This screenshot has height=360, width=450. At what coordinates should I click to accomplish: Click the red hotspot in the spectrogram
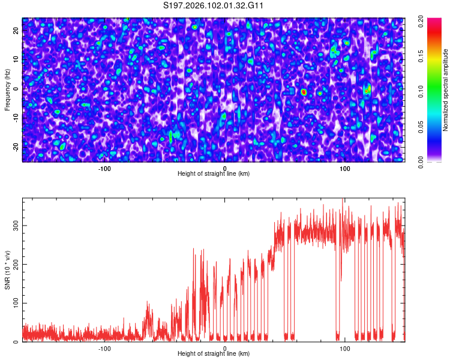304,92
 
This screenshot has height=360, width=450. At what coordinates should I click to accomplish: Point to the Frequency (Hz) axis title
7,90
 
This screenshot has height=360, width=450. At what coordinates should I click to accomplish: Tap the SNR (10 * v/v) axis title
7,270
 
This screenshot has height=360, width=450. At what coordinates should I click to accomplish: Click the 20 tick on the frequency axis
16,30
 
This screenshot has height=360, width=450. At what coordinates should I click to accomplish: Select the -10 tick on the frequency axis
16,118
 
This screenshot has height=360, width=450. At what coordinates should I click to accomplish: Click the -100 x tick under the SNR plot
105,348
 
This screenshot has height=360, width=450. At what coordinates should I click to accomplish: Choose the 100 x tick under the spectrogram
345,168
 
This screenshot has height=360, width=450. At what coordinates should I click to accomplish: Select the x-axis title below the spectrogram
214,174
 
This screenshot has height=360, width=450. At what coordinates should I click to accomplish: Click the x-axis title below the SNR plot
214,354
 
